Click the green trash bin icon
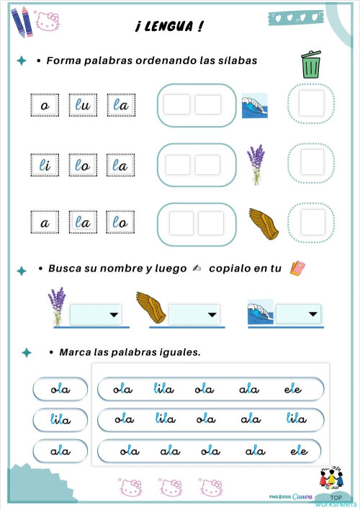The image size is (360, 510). point(311,65)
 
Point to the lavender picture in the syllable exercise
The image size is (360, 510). point(255,165)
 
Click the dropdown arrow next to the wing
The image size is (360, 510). point(212,314)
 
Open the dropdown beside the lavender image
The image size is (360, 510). point(113,314)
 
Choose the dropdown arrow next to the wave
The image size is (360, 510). point(312,314)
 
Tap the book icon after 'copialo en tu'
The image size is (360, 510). point(297,268)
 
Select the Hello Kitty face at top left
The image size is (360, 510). point(48,23)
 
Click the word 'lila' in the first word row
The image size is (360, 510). point(163,390)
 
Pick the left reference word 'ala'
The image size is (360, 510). point(60,451)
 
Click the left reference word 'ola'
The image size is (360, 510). point(60,390)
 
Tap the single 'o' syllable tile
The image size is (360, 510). point(45,106)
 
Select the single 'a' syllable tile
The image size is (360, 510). point(45,223)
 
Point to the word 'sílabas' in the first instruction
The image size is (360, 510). point(233,61)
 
